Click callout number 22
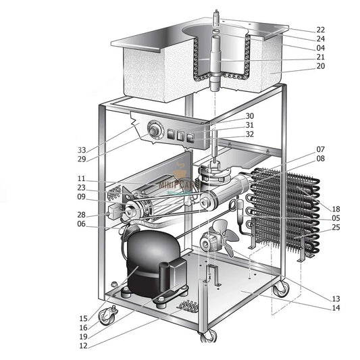click(320, 30)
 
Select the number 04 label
click(320, 48)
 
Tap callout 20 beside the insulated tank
click(320, 66)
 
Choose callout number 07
click(320, 149)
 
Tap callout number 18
click(336, 209)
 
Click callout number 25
click(336, 228)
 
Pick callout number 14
click(336, 308)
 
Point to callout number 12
click(82, 345)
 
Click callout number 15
click(82, 317)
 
